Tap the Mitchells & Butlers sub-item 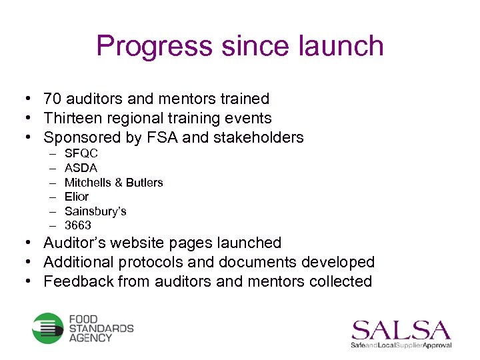[113, 183]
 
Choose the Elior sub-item [77, 197]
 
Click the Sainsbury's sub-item [95, 211]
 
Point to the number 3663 [78, 225]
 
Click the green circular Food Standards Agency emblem [48, 328]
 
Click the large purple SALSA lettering [401, 329]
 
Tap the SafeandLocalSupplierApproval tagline [401, 345]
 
